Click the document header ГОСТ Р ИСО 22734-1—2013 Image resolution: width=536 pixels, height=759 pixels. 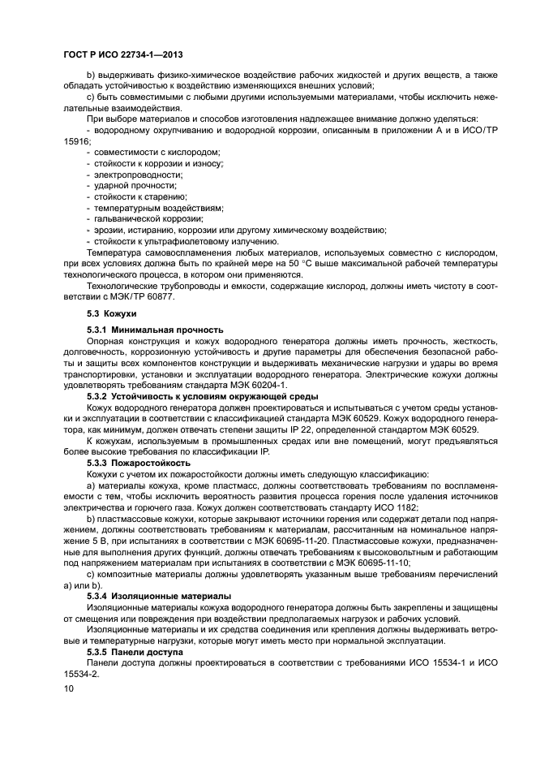[122, 54]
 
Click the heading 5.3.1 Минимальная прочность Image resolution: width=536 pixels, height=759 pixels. [155, 330]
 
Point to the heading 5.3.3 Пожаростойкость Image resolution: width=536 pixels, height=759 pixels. [140, 463]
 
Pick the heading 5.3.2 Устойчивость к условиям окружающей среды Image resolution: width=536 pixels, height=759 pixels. [202, 396]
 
